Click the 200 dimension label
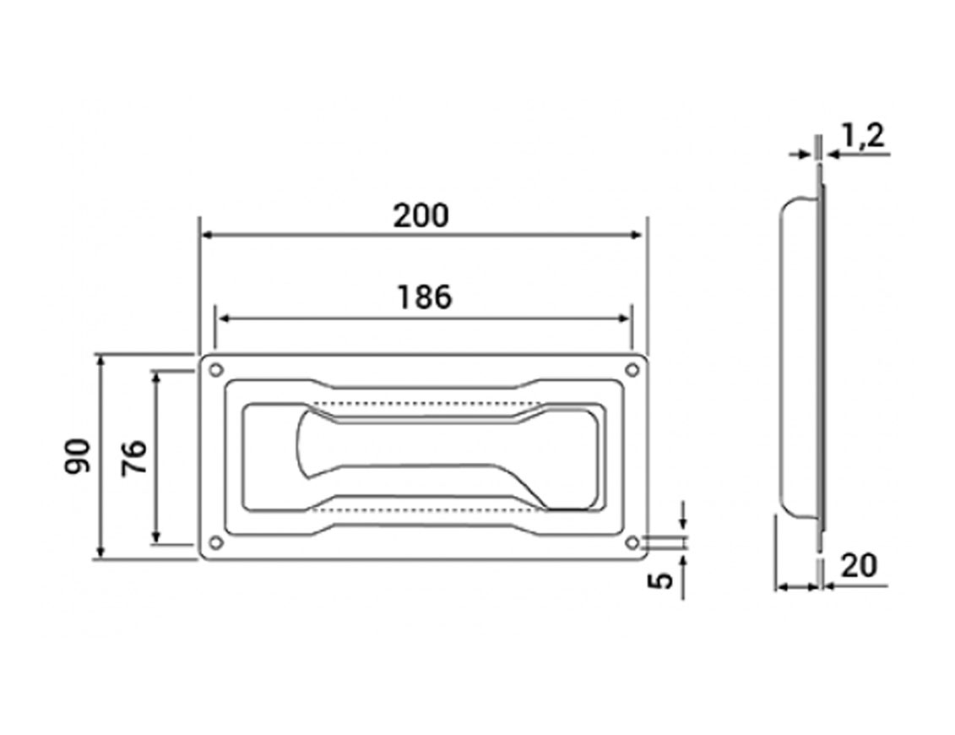pyautogui.click(x=421, y=215)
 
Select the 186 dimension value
pyautogui.click(x=425, y=297)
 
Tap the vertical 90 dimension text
pyautogui.click(x=78, y=456)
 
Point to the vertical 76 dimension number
pyautogui.click(x=134, y=458)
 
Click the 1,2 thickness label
pyautogui.click(x=862, y=135)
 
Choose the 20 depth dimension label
pyautogui.click(x=859, y=566)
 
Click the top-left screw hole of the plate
pyautogui.click(x=215, y=369)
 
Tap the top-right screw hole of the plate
pyautogui.click(x=632, y=369)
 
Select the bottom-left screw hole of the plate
pyautogui.click(x=215, y=542)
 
